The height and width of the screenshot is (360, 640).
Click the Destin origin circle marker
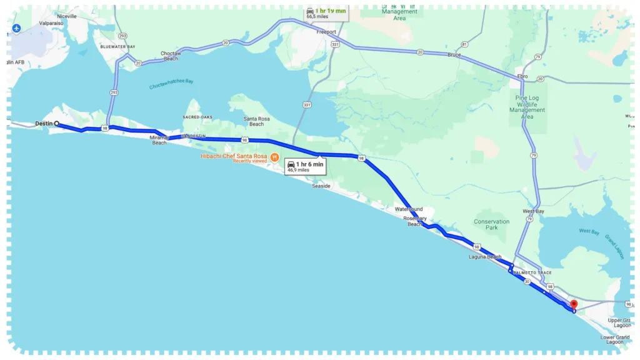click(57, 124)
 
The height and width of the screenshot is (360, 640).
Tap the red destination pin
click(574, 304)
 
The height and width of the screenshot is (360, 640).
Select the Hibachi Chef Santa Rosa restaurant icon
click(274, 156)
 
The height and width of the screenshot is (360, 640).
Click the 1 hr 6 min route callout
click(306, 166)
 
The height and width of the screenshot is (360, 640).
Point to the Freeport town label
click(326, 32)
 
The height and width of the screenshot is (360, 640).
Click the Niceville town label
click(66, 16)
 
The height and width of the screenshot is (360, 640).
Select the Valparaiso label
click(52, 23)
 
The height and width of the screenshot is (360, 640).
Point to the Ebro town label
click(522, 76)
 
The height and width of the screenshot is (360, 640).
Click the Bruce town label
click(454, 55)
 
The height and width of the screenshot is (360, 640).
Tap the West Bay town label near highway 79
click(533, 211)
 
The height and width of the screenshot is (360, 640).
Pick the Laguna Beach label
click(485, 257)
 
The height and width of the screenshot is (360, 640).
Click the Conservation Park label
click(491, 224)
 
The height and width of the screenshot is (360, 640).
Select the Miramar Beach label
click(159, 139)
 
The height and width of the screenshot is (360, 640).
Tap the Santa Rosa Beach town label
click(257, 121)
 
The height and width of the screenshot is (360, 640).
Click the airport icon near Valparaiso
click(17, 29)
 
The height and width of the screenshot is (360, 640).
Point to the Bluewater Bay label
click(118, 47)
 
